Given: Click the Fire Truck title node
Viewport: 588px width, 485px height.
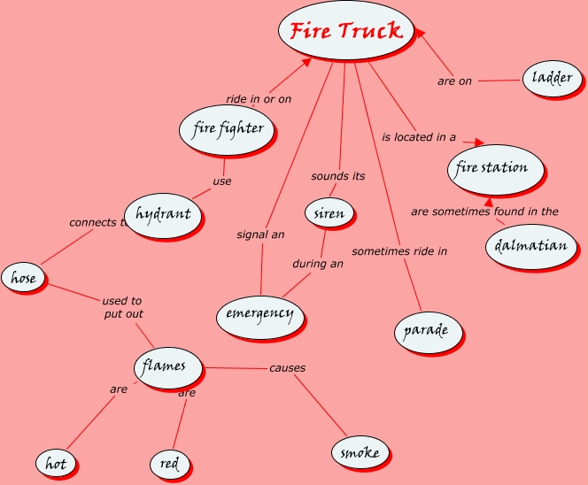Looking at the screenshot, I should point(345,31).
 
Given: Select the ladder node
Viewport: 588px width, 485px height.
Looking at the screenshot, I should point(551,79).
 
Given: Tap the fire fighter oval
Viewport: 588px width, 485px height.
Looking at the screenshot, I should point(227,129).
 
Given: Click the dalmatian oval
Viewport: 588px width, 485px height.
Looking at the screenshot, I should point(530,244).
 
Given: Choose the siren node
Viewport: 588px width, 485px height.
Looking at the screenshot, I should point(329,213).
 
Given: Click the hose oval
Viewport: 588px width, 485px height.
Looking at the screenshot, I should point(23,278).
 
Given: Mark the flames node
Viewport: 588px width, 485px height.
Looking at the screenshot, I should point(166,366).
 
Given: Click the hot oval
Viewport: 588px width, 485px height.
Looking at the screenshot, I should point(56,463).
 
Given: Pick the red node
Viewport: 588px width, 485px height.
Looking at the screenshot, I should point(169,463).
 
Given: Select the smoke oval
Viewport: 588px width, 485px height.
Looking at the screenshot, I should point(360,453).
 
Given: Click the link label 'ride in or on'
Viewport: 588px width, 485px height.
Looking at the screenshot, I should point(259,99).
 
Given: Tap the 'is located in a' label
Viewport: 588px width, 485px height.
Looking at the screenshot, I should point(419,137).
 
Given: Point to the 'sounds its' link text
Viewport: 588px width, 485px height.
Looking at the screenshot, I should point(337,176).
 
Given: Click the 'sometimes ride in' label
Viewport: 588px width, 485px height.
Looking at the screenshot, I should point(399,251).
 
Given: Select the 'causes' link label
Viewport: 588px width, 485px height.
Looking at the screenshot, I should point(287,368).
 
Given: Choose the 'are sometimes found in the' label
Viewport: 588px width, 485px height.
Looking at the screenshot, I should point(484,212).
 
